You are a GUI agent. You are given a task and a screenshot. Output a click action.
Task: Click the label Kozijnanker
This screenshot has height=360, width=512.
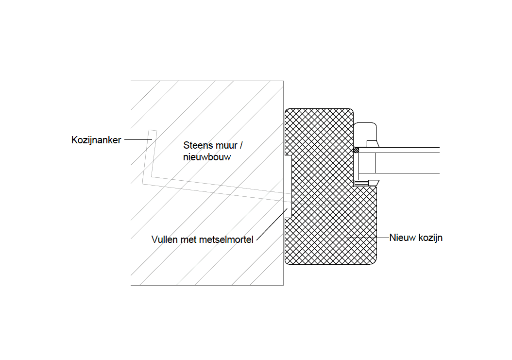click(x=96, y=140)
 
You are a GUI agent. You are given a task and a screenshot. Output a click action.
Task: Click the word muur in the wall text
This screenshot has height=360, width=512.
click(x=224, y=145)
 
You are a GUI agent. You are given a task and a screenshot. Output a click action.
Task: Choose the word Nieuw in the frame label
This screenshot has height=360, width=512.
click(x=401, y=238)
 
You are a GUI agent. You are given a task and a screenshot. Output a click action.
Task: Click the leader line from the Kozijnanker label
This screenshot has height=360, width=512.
click(x=138, y=140)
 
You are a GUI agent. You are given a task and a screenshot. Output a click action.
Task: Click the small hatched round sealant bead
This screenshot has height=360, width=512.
click(x=356, y=150)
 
